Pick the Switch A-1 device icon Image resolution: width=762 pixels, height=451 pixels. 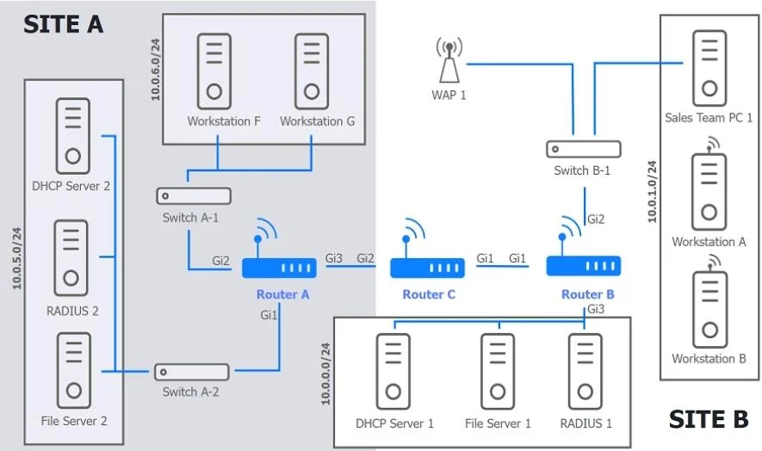(194, 196)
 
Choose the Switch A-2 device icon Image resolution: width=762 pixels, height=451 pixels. (192, 372)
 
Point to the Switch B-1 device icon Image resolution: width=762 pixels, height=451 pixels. (584, 149)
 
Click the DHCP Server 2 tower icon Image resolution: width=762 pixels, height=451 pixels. (73, 136)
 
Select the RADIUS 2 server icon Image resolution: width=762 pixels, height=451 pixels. (71, 258)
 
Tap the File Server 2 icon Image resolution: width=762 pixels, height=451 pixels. (74, 370)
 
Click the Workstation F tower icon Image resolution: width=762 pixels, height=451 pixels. (214, 71)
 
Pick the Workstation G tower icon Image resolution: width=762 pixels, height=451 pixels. (312, 71)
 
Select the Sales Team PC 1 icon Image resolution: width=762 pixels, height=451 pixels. (709, 68)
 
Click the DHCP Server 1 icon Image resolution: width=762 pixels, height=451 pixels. (393, 372)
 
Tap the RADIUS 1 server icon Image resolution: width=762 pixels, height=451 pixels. (585, 372)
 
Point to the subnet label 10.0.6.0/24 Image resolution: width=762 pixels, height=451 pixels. (156, 70)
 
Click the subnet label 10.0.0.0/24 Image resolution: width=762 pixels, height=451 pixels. (325, 374)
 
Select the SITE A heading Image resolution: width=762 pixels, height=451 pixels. (64, 24)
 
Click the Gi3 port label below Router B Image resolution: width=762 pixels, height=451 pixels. (597, 309)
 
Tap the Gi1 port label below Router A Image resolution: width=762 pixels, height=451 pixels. (269, 315)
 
